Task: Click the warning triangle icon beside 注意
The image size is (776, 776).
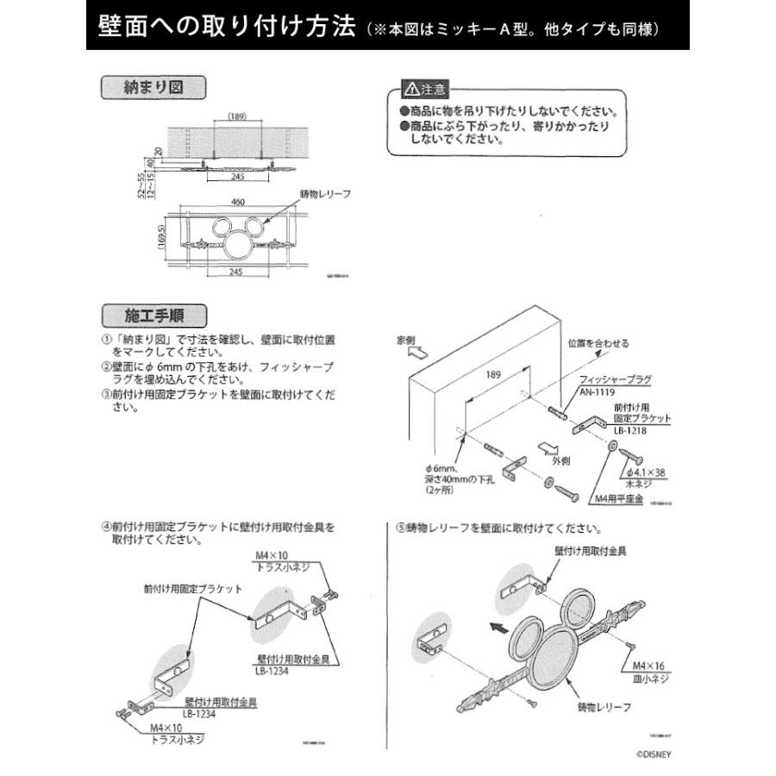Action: click(410, 90)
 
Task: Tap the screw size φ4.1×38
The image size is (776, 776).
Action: click(648, 472)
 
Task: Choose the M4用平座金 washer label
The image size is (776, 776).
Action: click(618, 498)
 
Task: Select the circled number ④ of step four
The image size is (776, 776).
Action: click(105, 525)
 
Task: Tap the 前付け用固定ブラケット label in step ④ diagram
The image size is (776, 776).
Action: click(192, 589)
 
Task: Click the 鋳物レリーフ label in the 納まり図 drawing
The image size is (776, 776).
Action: click(325, 195)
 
